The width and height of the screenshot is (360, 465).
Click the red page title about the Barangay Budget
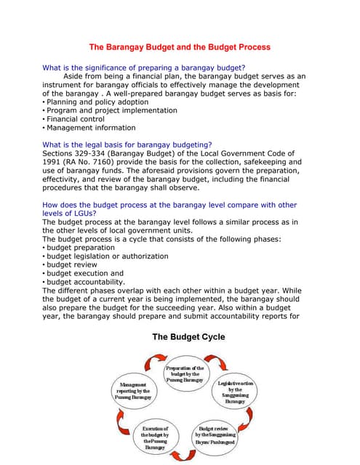(x=180, y=47)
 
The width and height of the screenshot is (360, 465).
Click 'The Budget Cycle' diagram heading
(x=188, y=337)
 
